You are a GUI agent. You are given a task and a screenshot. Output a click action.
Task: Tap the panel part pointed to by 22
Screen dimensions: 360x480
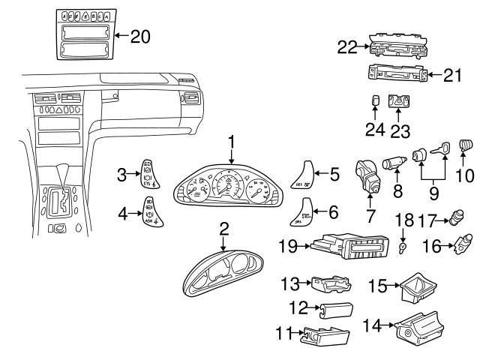[x=398, y=47]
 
